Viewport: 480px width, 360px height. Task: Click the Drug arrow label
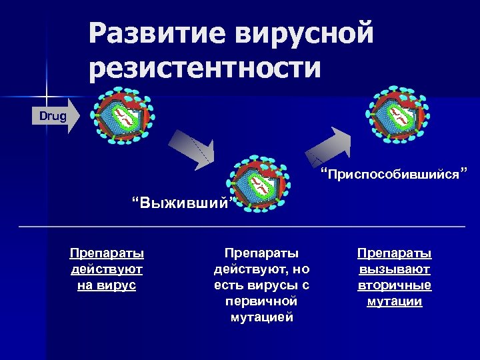(53, 117)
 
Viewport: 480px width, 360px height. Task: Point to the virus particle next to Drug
(123, 117)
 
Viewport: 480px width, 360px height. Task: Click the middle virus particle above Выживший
(257, 183)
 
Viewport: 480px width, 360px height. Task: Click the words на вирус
(107, 285)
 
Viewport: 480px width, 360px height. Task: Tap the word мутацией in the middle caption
(261, 317)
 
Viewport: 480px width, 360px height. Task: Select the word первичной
(261, 301)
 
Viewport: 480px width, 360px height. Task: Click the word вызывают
(394, 269)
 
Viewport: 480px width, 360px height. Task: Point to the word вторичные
(394, 285)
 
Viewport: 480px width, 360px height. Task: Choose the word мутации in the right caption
(394, 301)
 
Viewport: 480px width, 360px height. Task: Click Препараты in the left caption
(107, 253)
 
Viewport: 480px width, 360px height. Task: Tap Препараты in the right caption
(394, 253)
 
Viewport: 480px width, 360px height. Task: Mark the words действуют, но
(261, 269)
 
